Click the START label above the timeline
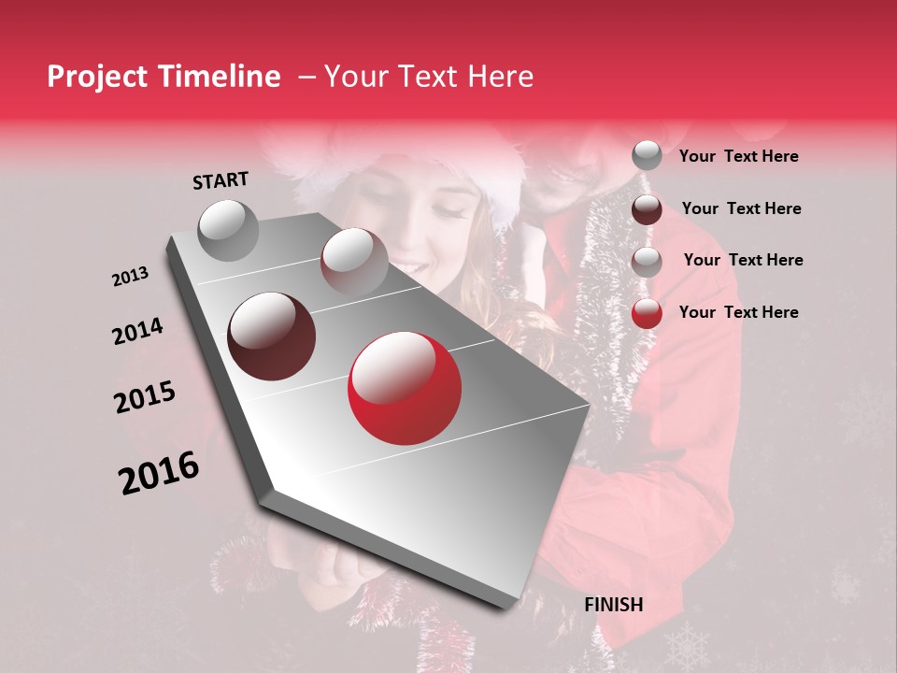tap(221, 180)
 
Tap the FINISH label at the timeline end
tap(614, 605)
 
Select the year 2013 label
tap(130, 277)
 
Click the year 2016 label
tap(159, 473)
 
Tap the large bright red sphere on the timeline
tap(404, 388)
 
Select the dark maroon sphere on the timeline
tap(272, 336)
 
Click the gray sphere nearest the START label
tap(229, 230)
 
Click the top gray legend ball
tap(647, 156)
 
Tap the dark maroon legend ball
tap(647, 209)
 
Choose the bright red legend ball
tap(647, 313)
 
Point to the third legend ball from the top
tap(647, 262)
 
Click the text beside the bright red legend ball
tap(738, 312)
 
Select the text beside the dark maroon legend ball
tap(741, 208)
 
